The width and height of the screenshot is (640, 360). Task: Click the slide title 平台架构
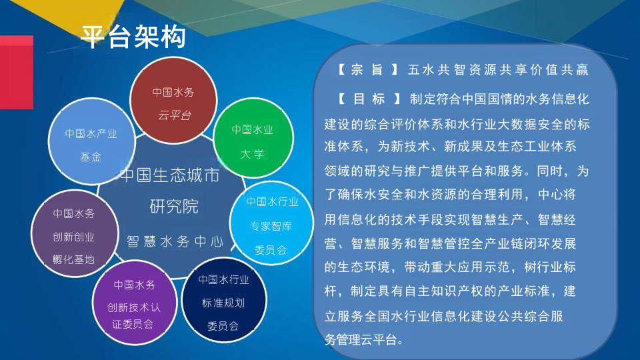tap(133, 36)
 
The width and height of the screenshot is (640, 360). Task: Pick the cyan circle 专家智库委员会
tap(271, 224)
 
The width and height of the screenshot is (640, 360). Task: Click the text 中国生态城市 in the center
tap(169, 177)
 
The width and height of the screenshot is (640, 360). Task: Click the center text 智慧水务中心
tap(175, 241)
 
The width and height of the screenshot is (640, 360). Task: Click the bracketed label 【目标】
tap(368, 99)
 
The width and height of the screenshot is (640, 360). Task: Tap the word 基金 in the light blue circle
tap(91, 157)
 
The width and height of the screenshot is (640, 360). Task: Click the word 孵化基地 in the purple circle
tap(73, 259)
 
